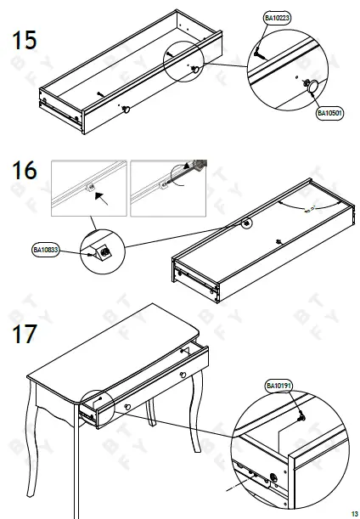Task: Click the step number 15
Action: click(24, 40)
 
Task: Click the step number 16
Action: click(24, 171)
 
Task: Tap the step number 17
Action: click(24, 333)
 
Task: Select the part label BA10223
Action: click(276, 18)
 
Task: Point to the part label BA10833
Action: click(46, 251)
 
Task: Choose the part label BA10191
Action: click(278, 386)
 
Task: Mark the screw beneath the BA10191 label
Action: click(301, 416)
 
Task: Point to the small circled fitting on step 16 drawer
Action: click(247, 223)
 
